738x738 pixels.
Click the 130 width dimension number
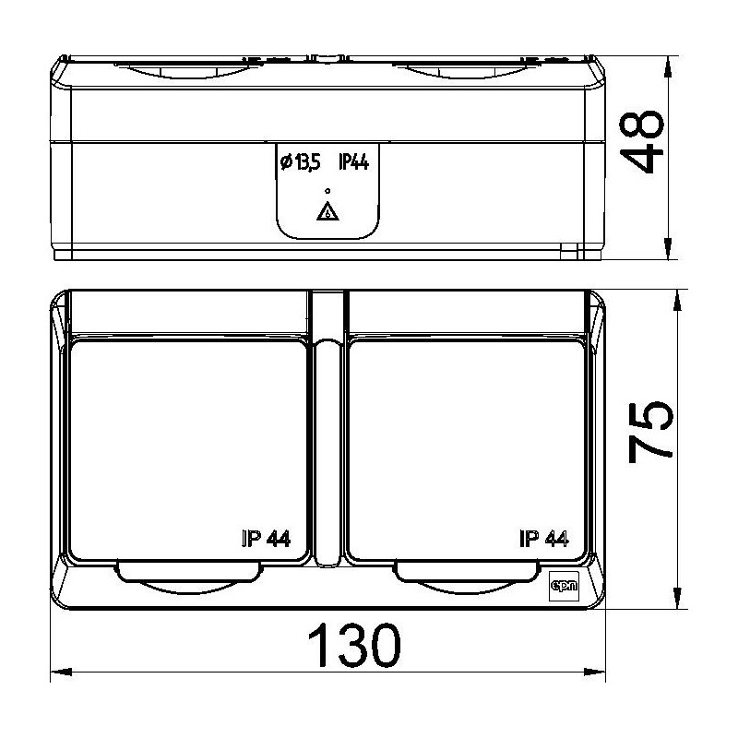pyautogui.click(x=353, y=648)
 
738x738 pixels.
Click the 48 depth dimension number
pyautogui.click(x=642, y=144)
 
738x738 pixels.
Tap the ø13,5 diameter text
pyautogui.click(x=301, y=162)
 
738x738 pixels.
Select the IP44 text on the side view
pyautogui.click(x=354, y=162)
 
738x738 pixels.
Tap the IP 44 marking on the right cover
pyautogui.click(x=543, y=540)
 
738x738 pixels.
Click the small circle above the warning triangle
pyautogui.click(x=327, y=190)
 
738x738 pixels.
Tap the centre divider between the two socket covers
pyautogui.click(x=327, y=452)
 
